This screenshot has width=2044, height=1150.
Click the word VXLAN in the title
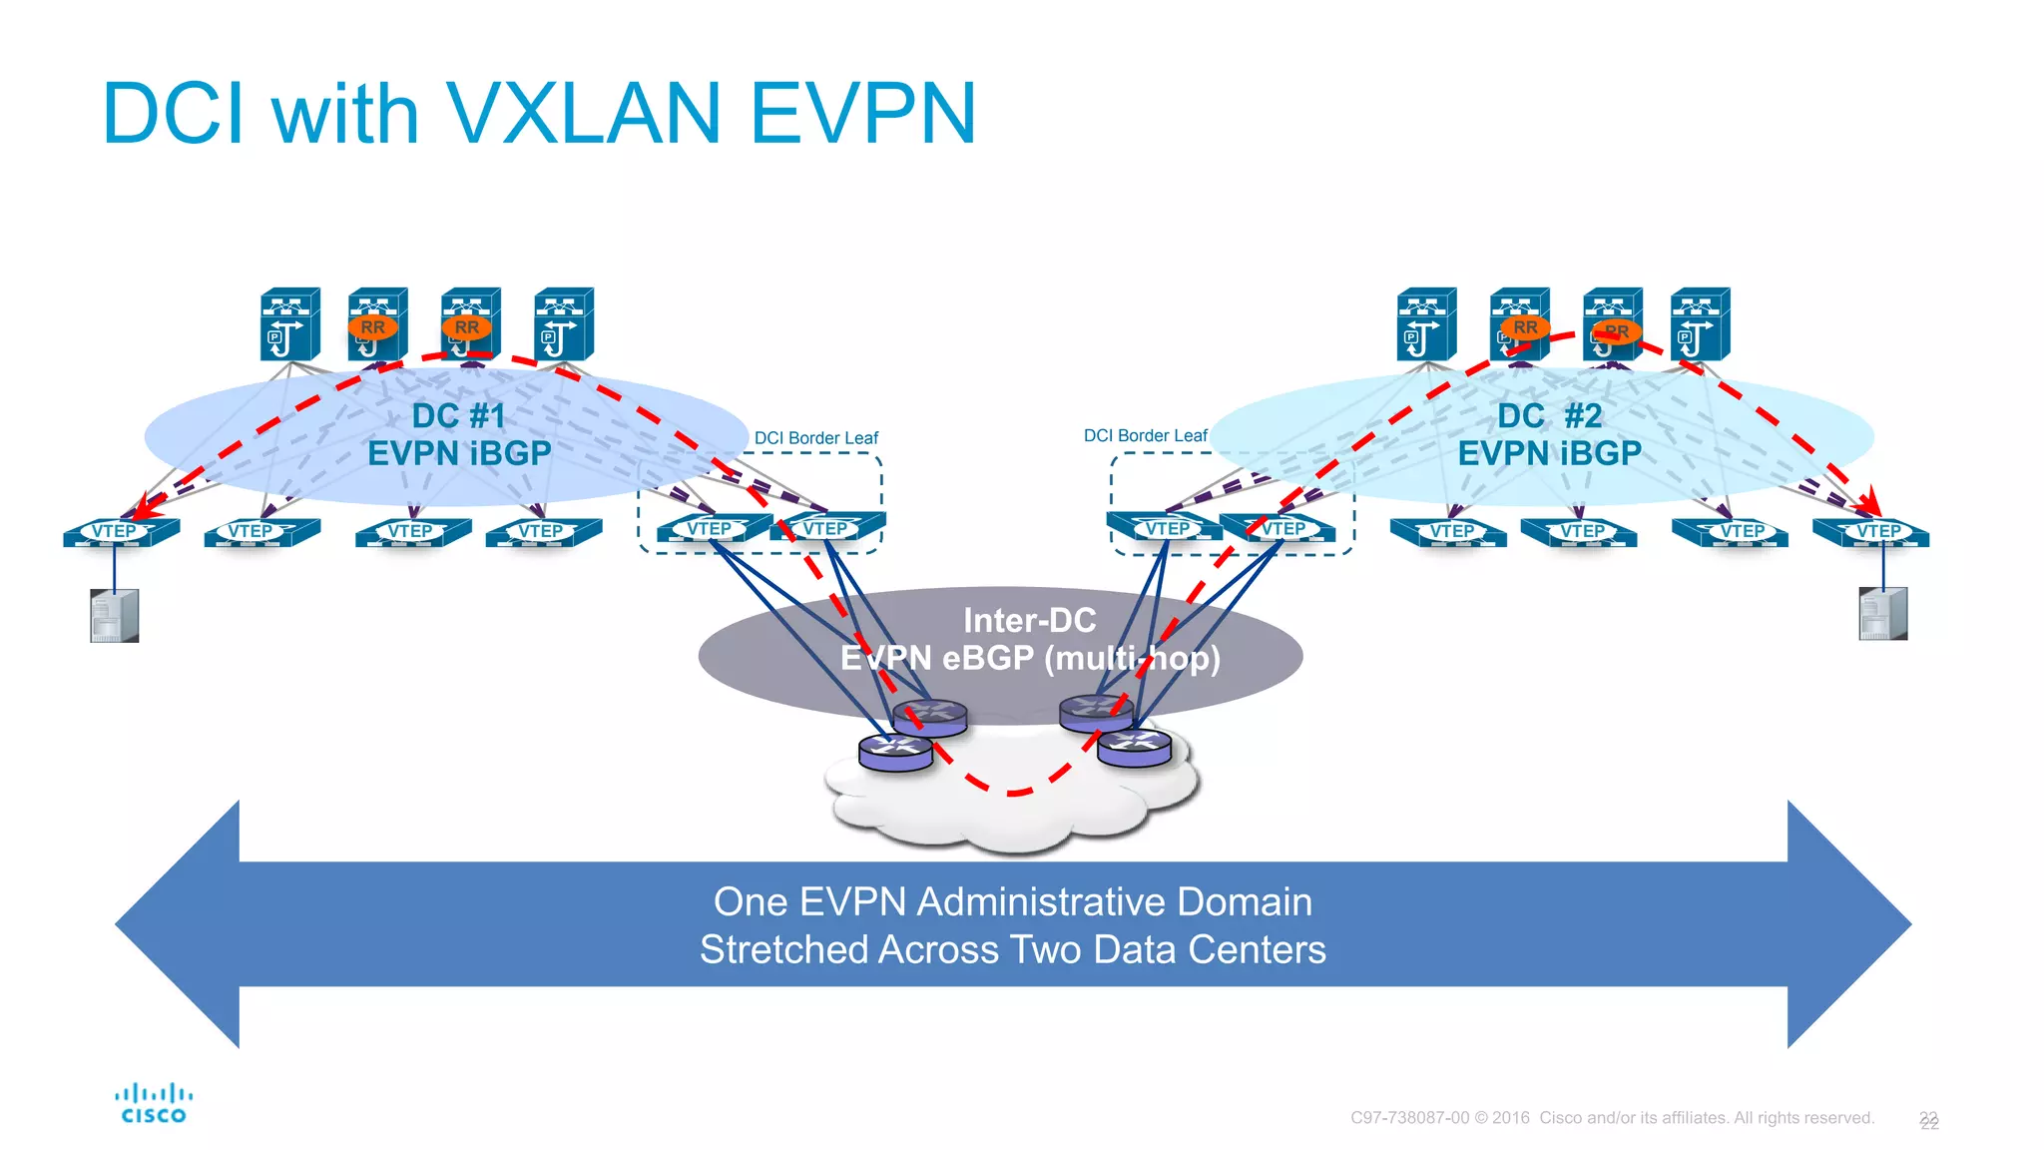pos(582,113)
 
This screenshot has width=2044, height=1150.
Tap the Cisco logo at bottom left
pos(154,1104)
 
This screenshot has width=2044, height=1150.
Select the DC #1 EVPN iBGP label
pos(459,434)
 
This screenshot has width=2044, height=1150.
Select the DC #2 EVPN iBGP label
pos(1549,434)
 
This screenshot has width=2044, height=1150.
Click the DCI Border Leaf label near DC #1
pos(815,438)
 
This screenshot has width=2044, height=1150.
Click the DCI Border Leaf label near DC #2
pos(1145,436)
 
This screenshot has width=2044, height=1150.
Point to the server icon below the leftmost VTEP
pos(115,615)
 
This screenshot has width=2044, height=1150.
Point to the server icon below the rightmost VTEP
pos(1882,613)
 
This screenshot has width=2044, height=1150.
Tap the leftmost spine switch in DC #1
pos(289,324)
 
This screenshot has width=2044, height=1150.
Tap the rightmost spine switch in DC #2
pos(1700,324)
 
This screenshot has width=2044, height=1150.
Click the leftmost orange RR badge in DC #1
pos(372,326)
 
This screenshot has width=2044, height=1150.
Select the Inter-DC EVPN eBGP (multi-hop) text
pos(1030,640)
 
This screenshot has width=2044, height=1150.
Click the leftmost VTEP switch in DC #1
pos(120,532)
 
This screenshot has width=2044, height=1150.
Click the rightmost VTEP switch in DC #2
pos(1871,532)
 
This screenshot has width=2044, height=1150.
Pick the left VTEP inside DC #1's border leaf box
pos(712,529)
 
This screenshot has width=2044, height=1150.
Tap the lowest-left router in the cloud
pos(895,752)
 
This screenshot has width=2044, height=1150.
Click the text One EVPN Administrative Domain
pos(1012,901)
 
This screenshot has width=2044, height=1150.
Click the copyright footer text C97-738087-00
pos(1409,1118)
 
